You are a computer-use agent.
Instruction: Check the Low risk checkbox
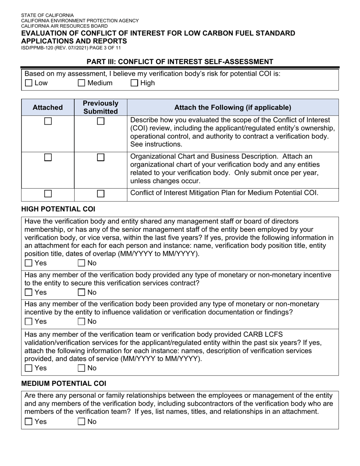(29, 83)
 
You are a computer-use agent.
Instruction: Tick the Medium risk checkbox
(81, 83)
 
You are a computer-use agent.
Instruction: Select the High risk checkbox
(134, 83)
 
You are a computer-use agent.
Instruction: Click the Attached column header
(48, 108)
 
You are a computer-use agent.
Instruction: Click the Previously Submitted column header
(100, 108)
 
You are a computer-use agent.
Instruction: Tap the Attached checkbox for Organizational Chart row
(48, 158)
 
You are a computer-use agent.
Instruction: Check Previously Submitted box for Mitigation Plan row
(101, 194)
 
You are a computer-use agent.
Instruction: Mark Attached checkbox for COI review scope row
(48, 122)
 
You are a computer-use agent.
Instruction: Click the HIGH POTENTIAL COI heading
(58, 209)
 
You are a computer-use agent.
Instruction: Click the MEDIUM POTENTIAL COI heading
(64, 383)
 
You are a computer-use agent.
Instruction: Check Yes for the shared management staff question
(29, 263)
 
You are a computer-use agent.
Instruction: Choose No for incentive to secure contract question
(81, 292)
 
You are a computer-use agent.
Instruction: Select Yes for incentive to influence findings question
(29, 321)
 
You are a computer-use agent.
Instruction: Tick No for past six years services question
(81, 368)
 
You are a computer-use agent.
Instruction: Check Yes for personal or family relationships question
(29, 421)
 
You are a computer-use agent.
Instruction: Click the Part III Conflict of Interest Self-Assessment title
(180, 61)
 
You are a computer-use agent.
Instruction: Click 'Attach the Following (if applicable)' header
(233, 108)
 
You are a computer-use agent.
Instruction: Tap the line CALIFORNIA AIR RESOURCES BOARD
(64, 26)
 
